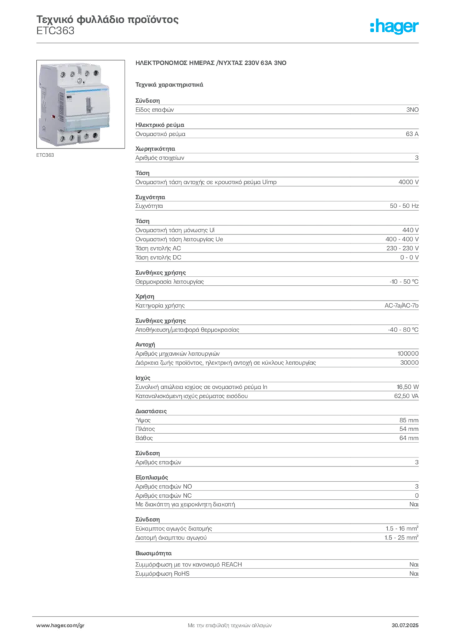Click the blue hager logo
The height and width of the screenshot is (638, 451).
point(395,27)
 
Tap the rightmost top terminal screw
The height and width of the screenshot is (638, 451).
point(97,72)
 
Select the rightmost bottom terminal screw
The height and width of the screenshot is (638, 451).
point(95,135)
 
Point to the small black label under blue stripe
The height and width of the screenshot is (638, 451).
point(69,97)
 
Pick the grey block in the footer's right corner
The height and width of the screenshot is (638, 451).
point(409,623)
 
